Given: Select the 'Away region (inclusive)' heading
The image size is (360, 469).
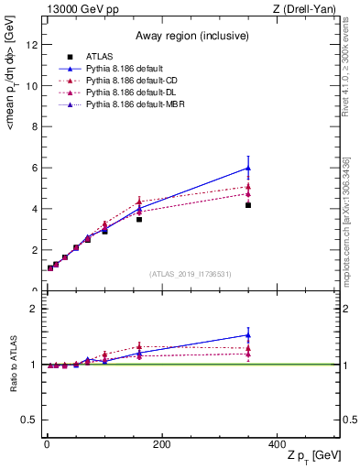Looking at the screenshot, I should [x=192, y=37].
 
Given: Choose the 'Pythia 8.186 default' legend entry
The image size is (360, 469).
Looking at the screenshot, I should [x=128, y=70].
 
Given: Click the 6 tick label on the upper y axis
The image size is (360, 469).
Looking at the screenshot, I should [x=35, y=168].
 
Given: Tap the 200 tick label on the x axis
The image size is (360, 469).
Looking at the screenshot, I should [x=161, y=443].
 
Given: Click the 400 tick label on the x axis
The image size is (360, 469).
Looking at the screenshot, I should [x=277, y=443].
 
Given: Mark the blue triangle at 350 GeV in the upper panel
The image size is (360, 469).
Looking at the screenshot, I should [x=248, y=168].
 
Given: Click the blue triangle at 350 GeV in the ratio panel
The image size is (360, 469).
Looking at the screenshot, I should [x=248, y=334].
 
